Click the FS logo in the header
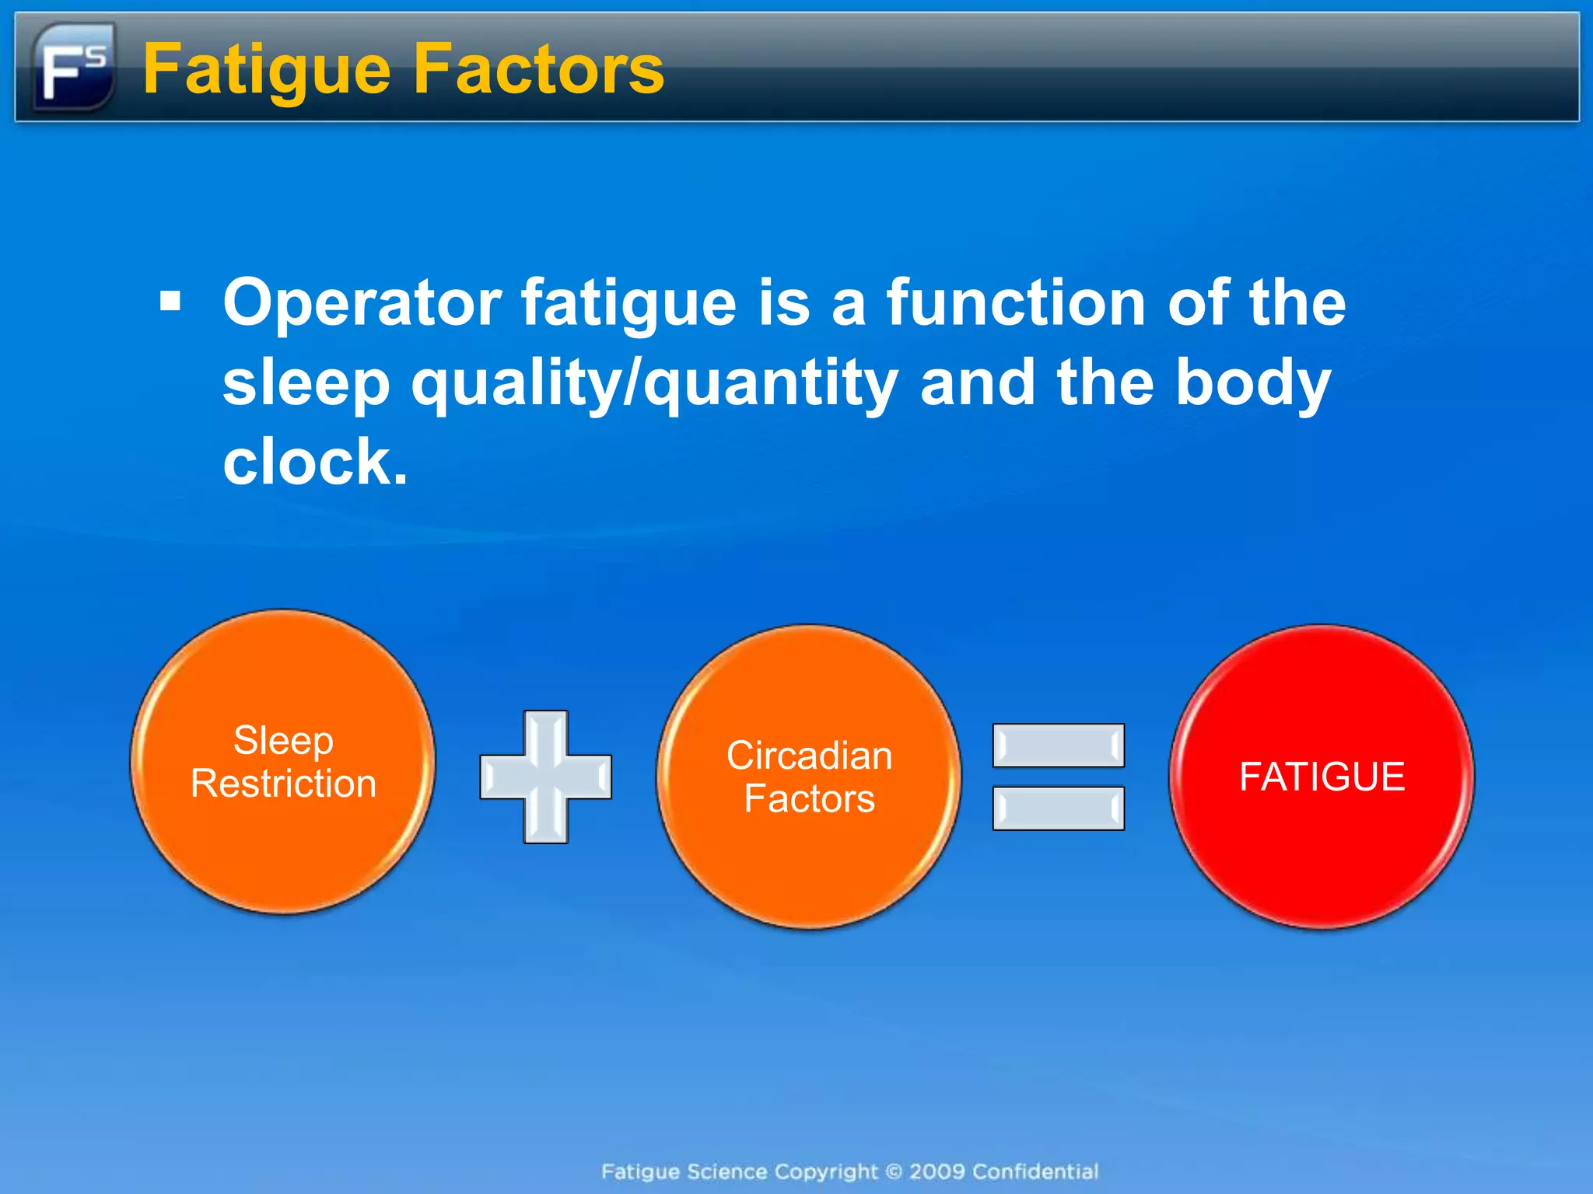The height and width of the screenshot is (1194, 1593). click(74, 68)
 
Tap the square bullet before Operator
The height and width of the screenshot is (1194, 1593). click(170, 301)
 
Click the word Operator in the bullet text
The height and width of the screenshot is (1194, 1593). click(362, 303)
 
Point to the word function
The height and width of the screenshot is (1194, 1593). click(1015, 302)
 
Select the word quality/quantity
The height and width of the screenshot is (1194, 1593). click(654, 382)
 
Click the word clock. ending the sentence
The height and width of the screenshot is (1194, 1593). click(315, 462)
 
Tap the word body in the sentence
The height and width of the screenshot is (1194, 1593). click(1252, 382)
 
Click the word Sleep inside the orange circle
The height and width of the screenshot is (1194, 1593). click(284, 740)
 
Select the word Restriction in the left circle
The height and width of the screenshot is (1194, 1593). click(284, 784)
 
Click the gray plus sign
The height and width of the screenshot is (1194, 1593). click(545, 777)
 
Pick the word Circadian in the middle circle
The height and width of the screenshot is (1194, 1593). click(809, 756)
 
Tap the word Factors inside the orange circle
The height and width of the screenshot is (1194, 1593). click(809, 799)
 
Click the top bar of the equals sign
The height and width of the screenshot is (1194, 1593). click(1058, 745)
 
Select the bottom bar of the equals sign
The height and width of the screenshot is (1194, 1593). click(1058, 808)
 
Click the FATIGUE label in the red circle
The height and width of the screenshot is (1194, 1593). click(1322, 777)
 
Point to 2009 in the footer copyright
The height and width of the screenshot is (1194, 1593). click(937, 1171)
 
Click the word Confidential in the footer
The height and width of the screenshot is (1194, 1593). click(1035, 1171)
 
